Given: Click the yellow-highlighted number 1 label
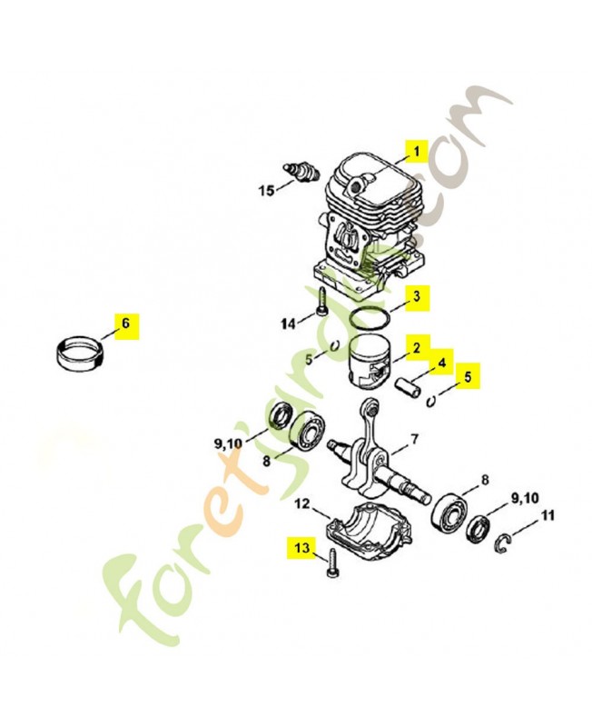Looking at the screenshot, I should coord(417,152).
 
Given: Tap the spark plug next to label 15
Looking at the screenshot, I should coord(299,170).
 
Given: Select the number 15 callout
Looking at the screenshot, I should coord(266,190).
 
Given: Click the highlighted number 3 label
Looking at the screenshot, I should coord(416,296).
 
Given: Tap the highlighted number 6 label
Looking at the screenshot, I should coord(125,324).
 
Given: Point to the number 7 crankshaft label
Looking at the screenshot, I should coord(413,439).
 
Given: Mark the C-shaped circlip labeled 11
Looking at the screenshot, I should coord(507,543).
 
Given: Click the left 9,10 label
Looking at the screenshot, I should coord(230,443).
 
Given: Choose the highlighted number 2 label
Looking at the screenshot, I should coord(416,347).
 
